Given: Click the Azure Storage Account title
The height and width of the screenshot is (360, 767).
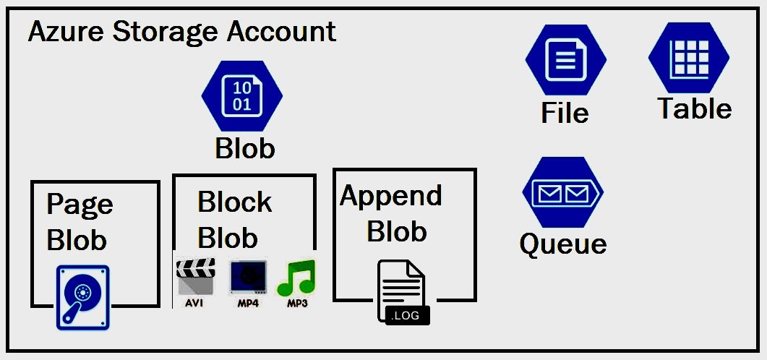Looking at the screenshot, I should (181, 33).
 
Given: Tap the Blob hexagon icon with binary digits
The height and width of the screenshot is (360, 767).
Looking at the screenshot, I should (242, 95).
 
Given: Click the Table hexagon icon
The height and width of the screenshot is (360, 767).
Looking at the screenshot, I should (689, 58).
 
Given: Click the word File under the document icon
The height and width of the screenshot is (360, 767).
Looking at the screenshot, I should (565, 113).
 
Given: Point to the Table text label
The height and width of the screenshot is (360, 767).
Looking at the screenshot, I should (694, 108).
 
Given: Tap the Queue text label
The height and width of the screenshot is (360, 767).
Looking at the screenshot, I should (563, 244).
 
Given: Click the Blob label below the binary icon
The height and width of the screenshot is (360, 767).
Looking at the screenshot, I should (245, 148).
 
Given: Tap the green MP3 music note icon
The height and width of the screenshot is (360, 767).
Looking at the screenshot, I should (296, 277).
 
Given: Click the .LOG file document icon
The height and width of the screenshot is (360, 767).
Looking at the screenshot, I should (404, 291).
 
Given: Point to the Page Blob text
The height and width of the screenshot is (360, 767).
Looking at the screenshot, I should (79, 222).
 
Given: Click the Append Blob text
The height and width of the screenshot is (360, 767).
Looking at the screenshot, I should (392, 213).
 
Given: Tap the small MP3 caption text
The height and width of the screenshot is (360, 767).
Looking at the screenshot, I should (297, 303).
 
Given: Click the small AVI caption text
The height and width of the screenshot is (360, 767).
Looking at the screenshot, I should (194, 303).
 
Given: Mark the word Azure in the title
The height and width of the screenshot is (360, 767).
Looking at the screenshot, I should (63, 33).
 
